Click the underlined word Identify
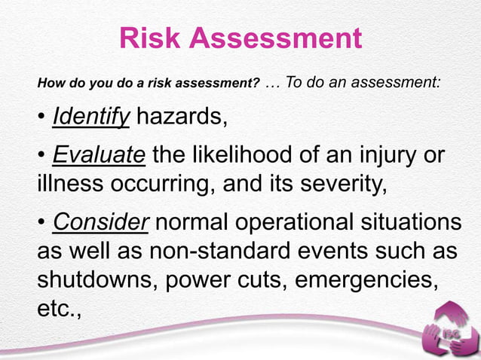pos(91,117)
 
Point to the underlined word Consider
pos(102,223)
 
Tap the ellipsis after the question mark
pos(273,82)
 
